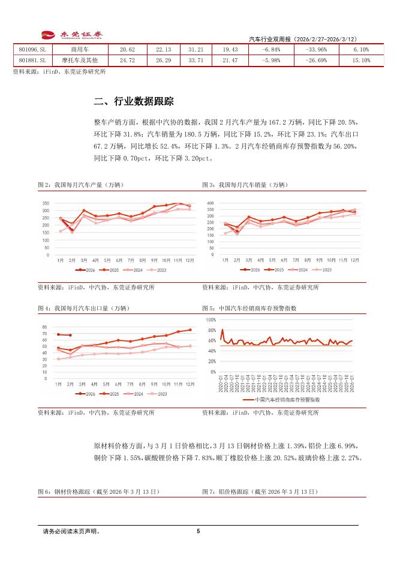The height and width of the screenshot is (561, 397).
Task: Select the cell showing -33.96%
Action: pos(315,49)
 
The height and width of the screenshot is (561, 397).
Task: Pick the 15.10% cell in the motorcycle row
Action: pos(362,61)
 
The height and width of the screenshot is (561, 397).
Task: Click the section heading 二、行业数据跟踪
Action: pos(134,101)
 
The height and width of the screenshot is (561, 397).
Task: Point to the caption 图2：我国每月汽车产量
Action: pos(83,185)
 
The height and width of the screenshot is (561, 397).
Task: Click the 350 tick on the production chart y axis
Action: pos(46,204)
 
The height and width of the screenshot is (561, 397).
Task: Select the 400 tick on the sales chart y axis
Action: pos(210,203)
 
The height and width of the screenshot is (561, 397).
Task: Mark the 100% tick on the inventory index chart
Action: pos(210,320)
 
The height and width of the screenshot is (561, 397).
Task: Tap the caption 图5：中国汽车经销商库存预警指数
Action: pos(249,308)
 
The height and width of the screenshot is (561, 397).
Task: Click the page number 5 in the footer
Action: pos(198,531)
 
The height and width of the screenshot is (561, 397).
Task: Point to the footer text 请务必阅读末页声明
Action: pos(71,531)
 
